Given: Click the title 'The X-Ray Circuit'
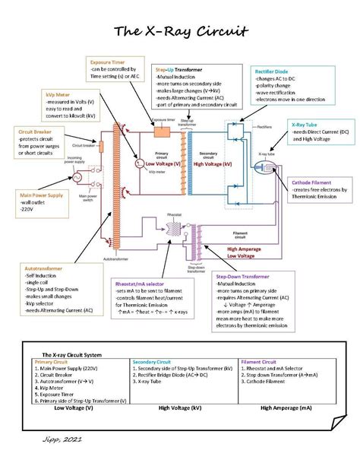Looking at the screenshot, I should (180, 31).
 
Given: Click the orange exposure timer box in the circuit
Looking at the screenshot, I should (161, 132).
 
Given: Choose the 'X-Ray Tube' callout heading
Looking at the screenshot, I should (305, 123).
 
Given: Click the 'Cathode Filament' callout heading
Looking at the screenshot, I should (317, 182).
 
